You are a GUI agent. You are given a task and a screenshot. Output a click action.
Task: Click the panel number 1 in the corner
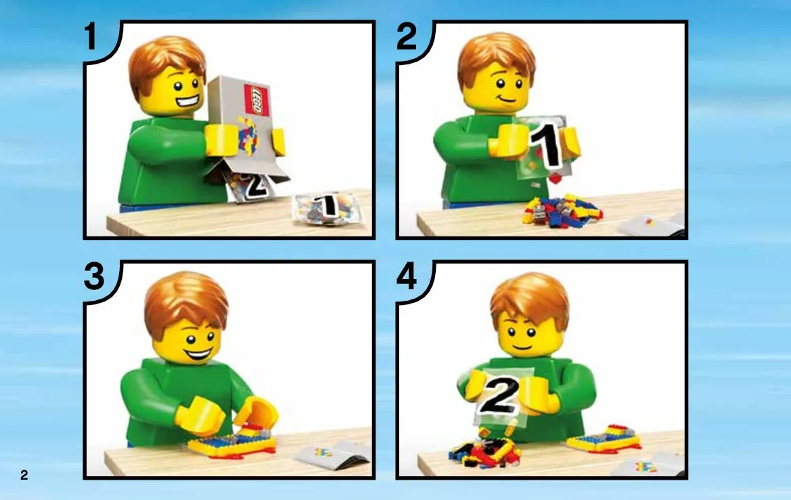[91, 36]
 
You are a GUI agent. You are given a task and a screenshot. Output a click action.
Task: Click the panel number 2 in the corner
[407, 36]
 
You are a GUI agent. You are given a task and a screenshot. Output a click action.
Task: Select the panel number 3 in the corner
[94, 276]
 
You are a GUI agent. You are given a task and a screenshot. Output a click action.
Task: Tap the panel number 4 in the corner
[407, 276]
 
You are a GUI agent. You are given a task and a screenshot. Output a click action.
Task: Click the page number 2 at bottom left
[24, 475]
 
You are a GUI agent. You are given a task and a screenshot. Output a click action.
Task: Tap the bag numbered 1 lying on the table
[327, 207]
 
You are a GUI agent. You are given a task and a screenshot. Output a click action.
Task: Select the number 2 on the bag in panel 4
[499, 395]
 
